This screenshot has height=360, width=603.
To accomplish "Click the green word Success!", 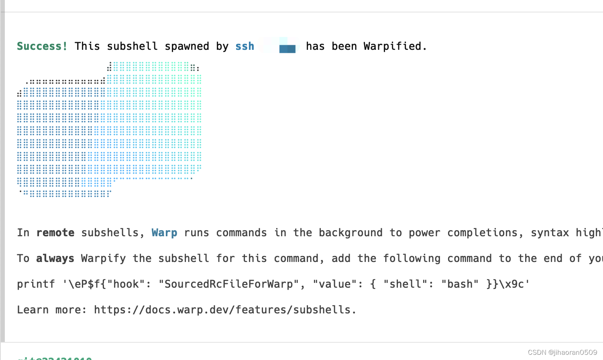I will pos(42,46).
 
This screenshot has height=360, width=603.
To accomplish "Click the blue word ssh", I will pos(244,46).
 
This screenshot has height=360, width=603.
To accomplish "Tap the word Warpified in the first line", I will pos(392,46).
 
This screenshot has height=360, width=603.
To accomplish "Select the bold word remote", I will pos(55,233).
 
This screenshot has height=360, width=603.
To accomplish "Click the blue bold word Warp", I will pos(164,233).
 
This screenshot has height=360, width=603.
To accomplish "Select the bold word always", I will pos(55,258).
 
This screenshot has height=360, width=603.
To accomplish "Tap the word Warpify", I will pos(103,258).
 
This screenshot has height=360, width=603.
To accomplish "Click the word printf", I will pos(36,284).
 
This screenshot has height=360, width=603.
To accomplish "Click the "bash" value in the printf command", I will pos(460,284).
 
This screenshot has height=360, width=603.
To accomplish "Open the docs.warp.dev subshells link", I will pos(225,310).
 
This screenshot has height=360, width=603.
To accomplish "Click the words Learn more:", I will pos(52,310).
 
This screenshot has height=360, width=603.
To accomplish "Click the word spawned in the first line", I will pos(187,46).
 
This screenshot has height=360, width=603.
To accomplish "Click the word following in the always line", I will pos(412,258).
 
